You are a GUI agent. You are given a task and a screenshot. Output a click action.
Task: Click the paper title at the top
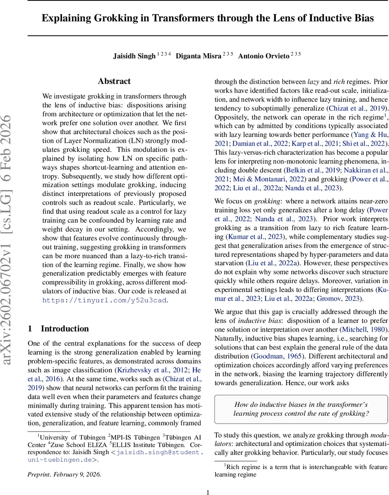pyautogui.click(x=208, y=19)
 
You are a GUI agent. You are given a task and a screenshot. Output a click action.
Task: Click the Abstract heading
pyautogui.click(x=114, y=81)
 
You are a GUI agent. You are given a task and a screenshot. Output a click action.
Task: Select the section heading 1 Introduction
pyautogui.click(x=58, y=329)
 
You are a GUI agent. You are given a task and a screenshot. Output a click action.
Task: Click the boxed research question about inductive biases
pyautogui.click(x=301, y=409)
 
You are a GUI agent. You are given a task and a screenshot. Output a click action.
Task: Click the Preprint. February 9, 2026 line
pyautogui.click(x=64, y=474)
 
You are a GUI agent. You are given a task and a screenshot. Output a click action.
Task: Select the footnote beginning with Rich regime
pyautogui.click(x=301, y=471)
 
